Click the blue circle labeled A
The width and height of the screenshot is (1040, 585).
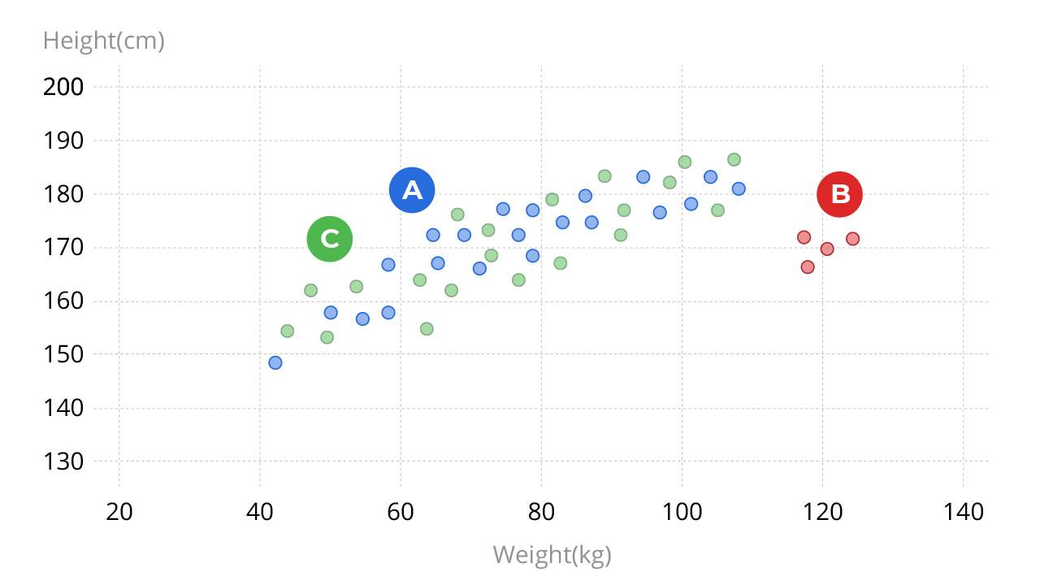click(412, 190)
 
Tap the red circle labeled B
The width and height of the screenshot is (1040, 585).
click(839, 194)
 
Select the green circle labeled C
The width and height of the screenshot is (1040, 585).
click(329, 239)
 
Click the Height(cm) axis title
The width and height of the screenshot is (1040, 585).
click(103, 41)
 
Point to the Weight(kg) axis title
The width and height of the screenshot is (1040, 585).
click(552, 555)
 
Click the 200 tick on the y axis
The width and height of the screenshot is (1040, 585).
click(63, 87)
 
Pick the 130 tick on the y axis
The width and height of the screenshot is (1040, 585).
click(63, 461)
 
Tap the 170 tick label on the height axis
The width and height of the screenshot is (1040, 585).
click(63, 248)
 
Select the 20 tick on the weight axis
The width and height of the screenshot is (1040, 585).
click(119, 513)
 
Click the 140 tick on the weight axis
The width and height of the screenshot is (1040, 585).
click(963, 513)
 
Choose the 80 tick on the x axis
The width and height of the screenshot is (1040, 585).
click(541, 513)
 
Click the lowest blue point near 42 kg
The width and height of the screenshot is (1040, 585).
click(275, 362)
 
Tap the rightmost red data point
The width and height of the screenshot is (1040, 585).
click(852, 239)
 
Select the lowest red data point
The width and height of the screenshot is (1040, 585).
click(808, 266)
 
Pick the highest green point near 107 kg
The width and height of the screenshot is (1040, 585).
click(734, 159)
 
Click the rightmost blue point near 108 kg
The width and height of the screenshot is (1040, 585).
click(739, 188)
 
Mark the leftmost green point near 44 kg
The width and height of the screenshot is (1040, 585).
click(287, 331)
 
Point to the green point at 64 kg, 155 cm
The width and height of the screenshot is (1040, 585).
click(427, 329)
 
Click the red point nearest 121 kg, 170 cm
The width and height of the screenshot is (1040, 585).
click(827, 249)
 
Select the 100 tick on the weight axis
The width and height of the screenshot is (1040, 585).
click(681, 513)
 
